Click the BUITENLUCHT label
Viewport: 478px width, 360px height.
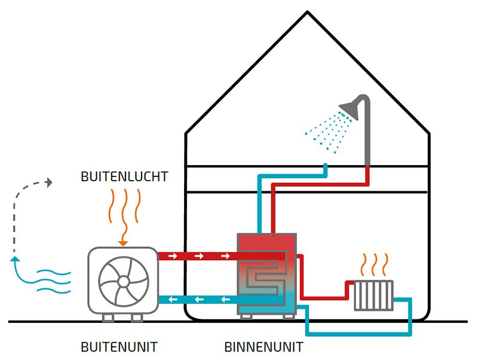(124, 176)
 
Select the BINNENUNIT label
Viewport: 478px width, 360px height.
(263, 347)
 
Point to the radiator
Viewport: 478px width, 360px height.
(373, 295)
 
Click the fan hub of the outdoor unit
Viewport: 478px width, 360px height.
(122, 280)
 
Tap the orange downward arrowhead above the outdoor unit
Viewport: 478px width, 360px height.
(122, 242)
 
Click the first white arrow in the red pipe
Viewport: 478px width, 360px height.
(173, 256)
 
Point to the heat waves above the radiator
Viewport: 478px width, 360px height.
(373, 264)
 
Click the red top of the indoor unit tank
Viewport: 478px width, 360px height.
(267, 245)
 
